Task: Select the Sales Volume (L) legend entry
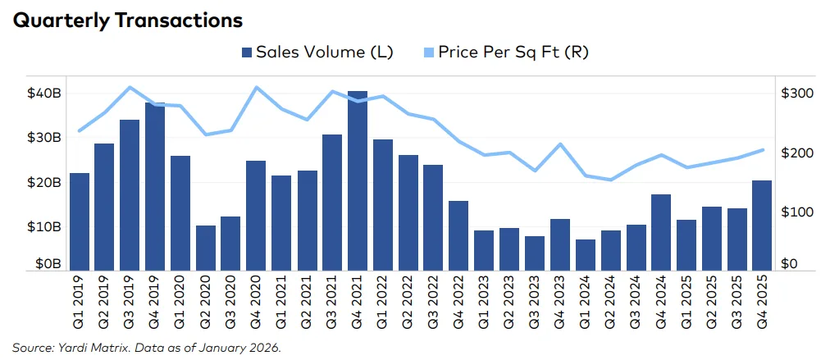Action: [317, 52]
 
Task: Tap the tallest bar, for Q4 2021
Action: [358, 180]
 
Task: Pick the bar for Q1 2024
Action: [585, 254]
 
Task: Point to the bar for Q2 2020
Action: [206, 247]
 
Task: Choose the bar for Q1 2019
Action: [80, 221]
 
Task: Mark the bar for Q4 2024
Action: [661, 232]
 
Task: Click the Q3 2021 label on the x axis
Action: [332, 304]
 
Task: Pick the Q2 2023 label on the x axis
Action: [509, 304]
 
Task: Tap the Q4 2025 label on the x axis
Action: [762, 304]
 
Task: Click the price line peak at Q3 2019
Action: [130, 87]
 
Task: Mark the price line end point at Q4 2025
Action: [762, 149]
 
